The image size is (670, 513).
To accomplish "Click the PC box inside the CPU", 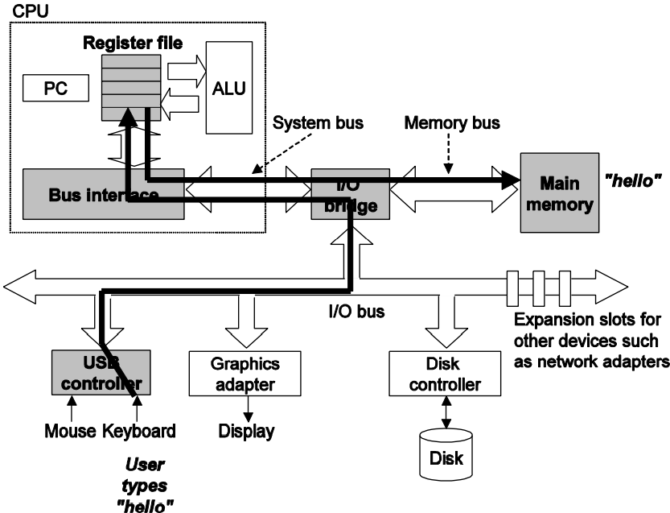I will pyautogui.click(x=54, y=89).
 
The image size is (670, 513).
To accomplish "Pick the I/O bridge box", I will pyautogui.click(x=350, y=194).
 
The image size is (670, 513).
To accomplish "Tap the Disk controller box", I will pyautogui.click(x=435, y=374).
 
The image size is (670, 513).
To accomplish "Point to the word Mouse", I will pyautogui.click(x=70, y=431).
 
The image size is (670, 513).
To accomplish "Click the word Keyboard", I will pyautogui.click(x=139, y=431).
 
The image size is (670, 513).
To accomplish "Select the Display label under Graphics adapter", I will pyautogui.click(x=245, y=431).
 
